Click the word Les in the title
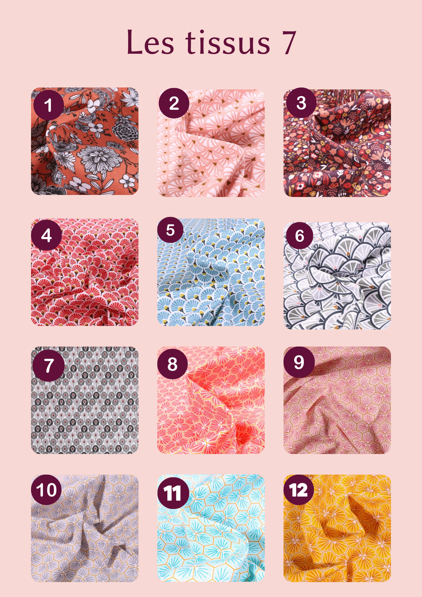click(x=150, y=42)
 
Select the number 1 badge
click(x=49, y=105)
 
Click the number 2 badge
click(x=173, y=103)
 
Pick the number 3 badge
click(x=301, y=103)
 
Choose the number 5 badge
click(x=170, y=230)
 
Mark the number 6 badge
click(x=300, y=236)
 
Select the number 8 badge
click(x=172, y=364)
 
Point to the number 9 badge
click(x=299, y=362)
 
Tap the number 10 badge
click(x=46, y=490)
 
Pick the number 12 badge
click(x=299, y=490)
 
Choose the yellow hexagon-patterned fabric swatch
click(x=337, y=528)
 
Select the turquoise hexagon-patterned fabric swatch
click(x=211, y=528)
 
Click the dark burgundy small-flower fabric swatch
click(x=337, y=143)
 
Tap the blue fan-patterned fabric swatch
click(x=211, y=272)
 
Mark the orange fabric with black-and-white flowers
click(x=85, y=141)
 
